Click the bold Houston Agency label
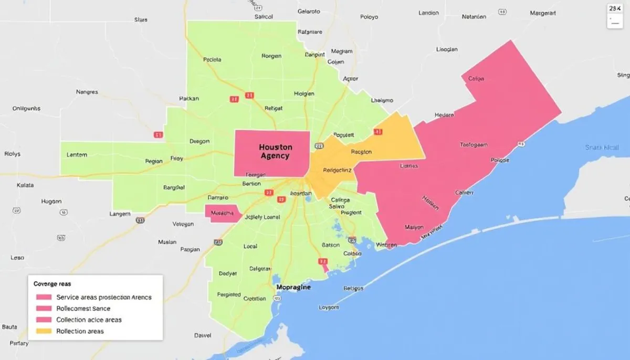coord(276,152)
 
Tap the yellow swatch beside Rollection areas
coord(44,331)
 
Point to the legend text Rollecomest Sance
coord(83,309)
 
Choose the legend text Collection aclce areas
coord(89,320)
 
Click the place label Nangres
coord(87,92)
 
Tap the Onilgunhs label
coord(26,109)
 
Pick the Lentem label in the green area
coord(77,155)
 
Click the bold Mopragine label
coord(293,288)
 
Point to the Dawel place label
coord(203,335)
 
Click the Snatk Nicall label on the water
coord(602,147)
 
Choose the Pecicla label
coord(212,60)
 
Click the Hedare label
coord(444,115)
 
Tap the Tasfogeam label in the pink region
coord(474,144)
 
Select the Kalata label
coord(25,185)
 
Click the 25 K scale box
coord(614,9)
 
